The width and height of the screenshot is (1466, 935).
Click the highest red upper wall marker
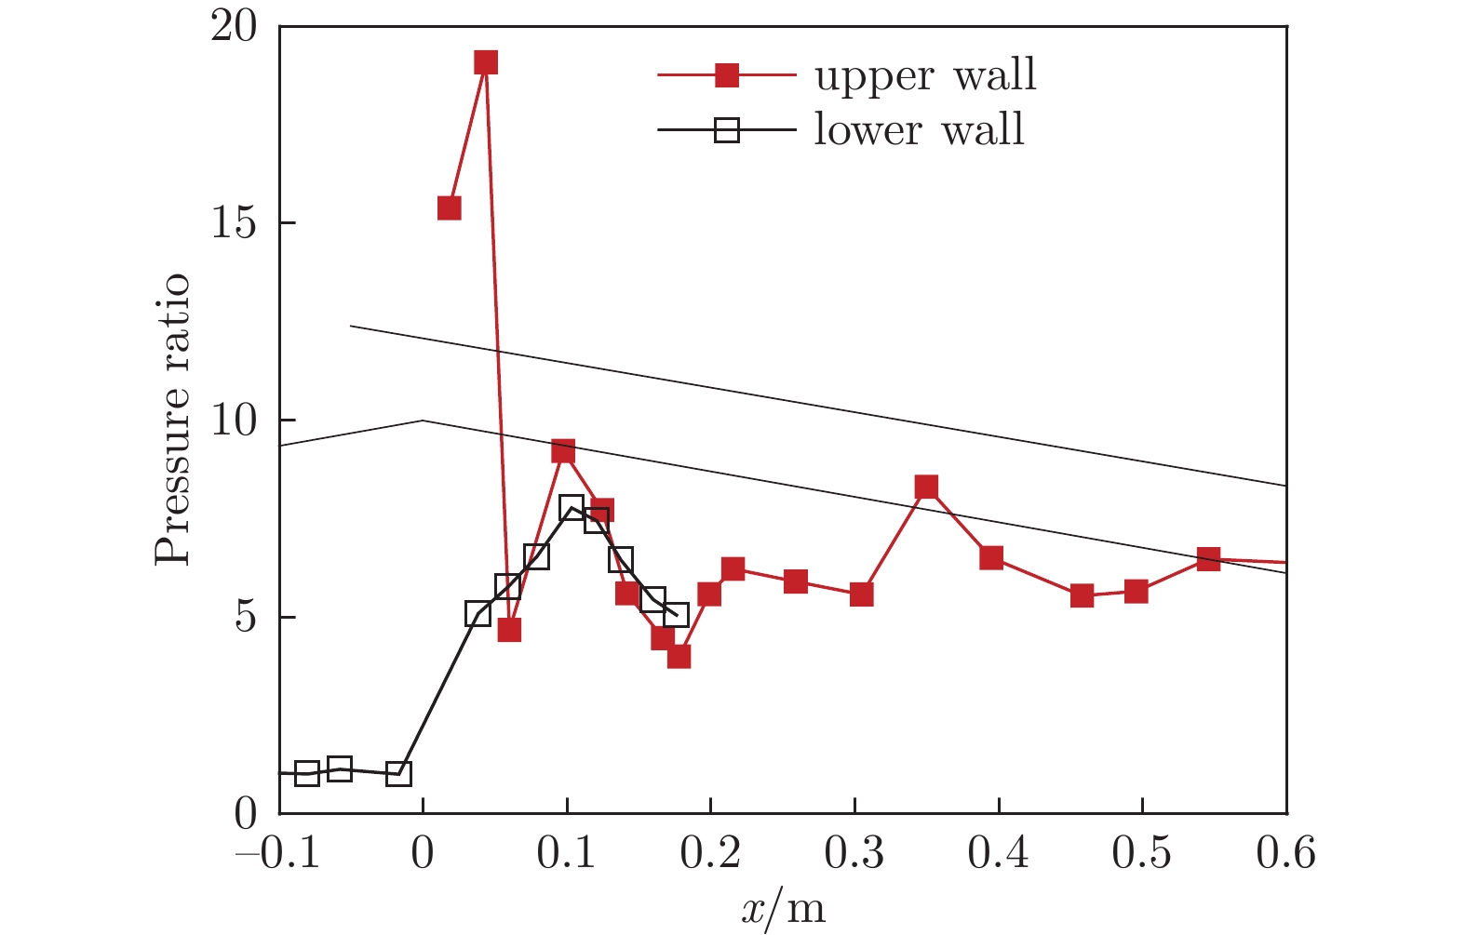(485, 63)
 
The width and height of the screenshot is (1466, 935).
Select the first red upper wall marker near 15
(450, 207)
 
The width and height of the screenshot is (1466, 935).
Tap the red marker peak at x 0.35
(926, 487)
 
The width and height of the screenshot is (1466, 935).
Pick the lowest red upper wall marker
(679, 657)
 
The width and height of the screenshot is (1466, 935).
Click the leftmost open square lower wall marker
(307, 773)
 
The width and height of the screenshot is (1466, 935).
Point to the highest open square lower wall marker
(572, 507)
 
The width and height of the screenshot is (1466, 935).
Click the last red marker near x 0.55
(1208, 559)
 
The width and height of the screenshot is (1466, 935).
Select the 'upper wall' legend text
(925, 74)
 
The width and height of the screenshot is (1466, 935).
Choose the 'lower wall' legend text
(920, 130)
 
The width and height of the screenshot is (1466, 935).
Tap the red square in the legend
(727, 75)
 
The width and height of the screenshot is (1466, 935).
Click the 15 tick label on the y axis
(234, 224)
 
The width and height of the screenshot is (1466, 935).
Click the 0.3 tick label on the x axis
(854, 852)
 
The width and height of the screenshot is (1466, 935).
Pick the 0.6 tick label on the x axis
(1285, 852)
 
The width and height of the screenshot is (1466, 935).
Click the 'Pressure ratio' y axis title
(173, 420)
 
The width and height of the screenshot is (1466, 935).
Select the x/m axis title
(783, 908)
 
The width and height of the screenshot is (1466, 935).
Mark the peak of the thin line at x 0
(424, 421)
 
